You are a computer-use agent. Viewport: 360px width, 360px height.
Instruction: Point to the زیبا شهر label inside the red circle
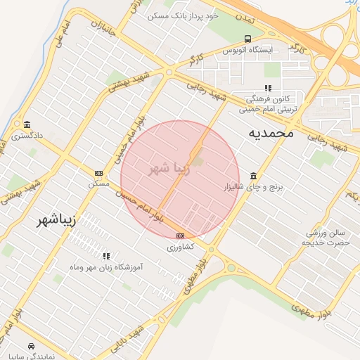click(x=169, y=169)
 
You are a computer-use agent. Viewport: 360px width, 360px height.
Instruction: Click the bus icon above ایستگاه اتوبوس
click(x=247, y=39)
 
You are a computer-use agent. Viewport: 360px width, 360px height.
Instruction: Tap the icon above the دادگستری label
click(x=27, y=124)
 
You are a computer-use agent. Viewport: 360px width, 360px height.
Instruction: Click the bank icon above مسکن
click(x=98, y=173)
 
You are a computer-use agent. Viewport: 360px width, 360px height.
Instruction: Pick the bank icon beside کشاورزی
click(x=181, y=236)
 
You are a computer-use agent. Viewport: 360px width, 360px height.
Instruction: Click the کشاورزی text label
click(x=181, y=247)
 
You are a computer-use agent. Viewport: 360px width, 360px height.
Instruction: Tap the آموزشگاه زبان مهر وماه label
click(x=107, y=267)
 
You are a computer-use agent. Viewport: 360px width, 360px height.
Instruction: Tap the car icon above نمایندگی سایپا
click(x=32, y=346)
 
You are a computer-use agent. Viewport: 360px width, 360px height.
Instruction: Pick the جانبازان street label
click(x=102, y=29)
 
